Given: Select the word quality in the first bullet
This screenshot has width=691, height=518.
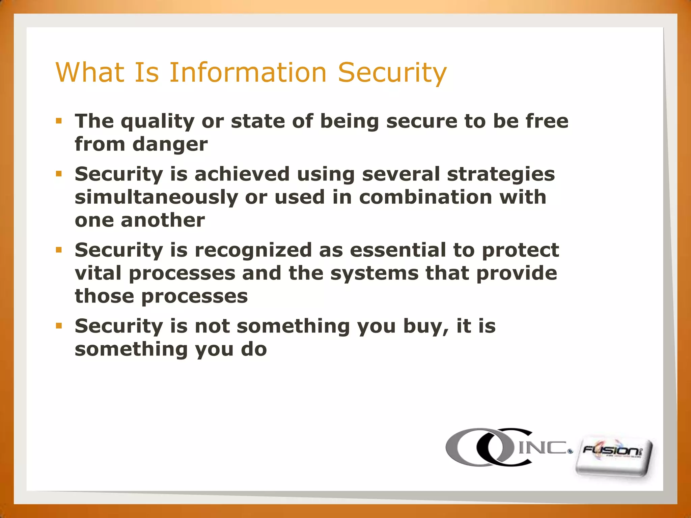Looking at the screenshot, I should (158, 121).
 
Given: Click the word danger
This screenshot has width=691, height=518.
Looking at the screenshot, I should (170, 144).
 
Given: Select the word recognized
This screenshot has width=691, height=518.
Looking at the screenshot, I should (253, 250).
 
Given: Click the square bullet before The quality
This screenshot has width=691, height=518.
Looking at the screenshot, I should (59, 121).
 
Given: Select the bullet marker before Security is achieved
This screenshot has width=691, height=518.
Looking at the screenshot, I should (59, 174).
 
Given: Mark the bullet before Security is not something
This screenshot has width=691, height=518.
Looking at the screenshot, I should (59, 326).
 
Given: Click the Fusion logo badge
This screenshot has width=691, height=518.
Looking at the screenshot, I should (613, 457).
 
